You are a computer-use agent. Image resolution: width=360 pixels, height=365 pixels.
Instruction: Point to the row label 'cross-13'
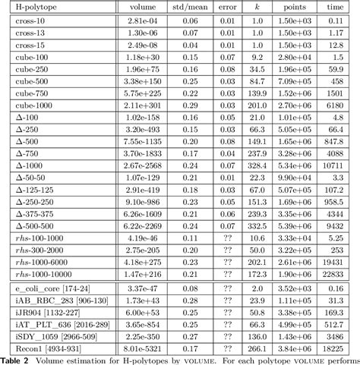(x=30, y=34)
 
